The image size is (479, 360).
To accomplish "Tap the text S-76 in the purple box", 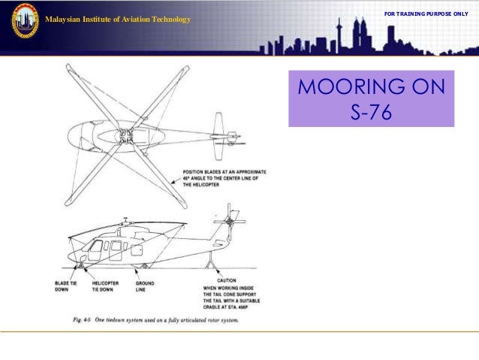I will click(x=371, y=114).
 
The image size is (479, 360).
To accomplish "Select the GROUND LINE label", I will click(x=145, y=286).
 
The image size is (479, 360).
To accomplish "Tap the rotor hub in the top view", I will click(x=126, y=136).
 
